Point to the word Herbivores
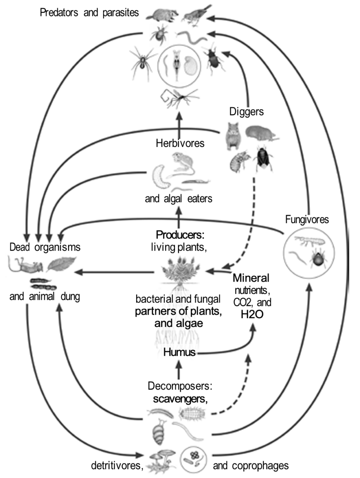coord(180,143)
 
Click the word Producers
coord(180,234)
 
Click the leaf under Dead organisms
coord(61,263)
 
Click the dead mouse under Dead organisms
coord(25,264)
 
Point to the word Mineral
coord(251,277)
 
